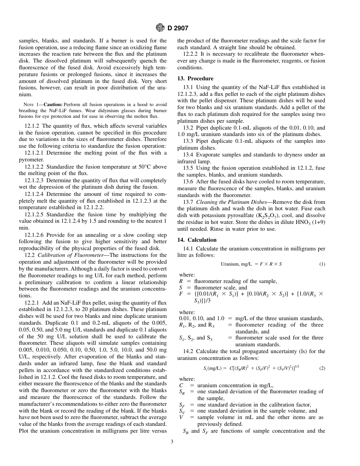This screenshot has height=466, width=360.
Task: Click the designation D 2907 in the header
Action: pyautogui.click(x=178, y=28)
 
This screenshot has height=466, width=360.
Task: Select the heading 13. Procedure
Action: pyautogui.click(x=195, y=78)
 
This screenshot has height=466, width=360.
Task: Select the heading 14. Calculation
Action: pyautogui.click(x=197, y=240)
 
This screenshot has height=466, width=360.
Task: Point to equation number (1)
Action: pyautogui.click(x=322, y=264)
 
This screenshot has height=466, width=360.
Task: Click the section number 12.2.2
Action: pyautogui.click(x=191, y=54)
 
